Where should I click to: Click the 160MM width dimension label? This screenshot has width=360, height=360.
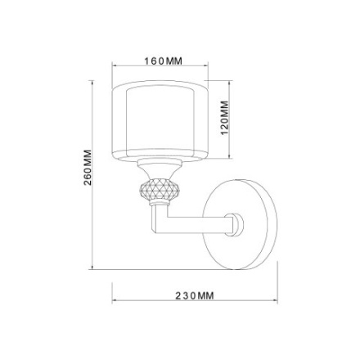pyautogui.click(x=163, y=61)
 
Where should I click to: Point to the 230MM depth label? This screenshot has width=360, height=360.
pyautogui.click(x=195, y=295)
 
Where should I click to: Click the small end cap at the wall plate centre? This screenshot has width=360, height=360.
pyautogui.click(x=237, y=222)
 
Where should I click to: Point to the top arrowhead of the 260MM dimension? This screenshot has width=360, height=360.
pyautogui.click(x=93, y=83)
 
